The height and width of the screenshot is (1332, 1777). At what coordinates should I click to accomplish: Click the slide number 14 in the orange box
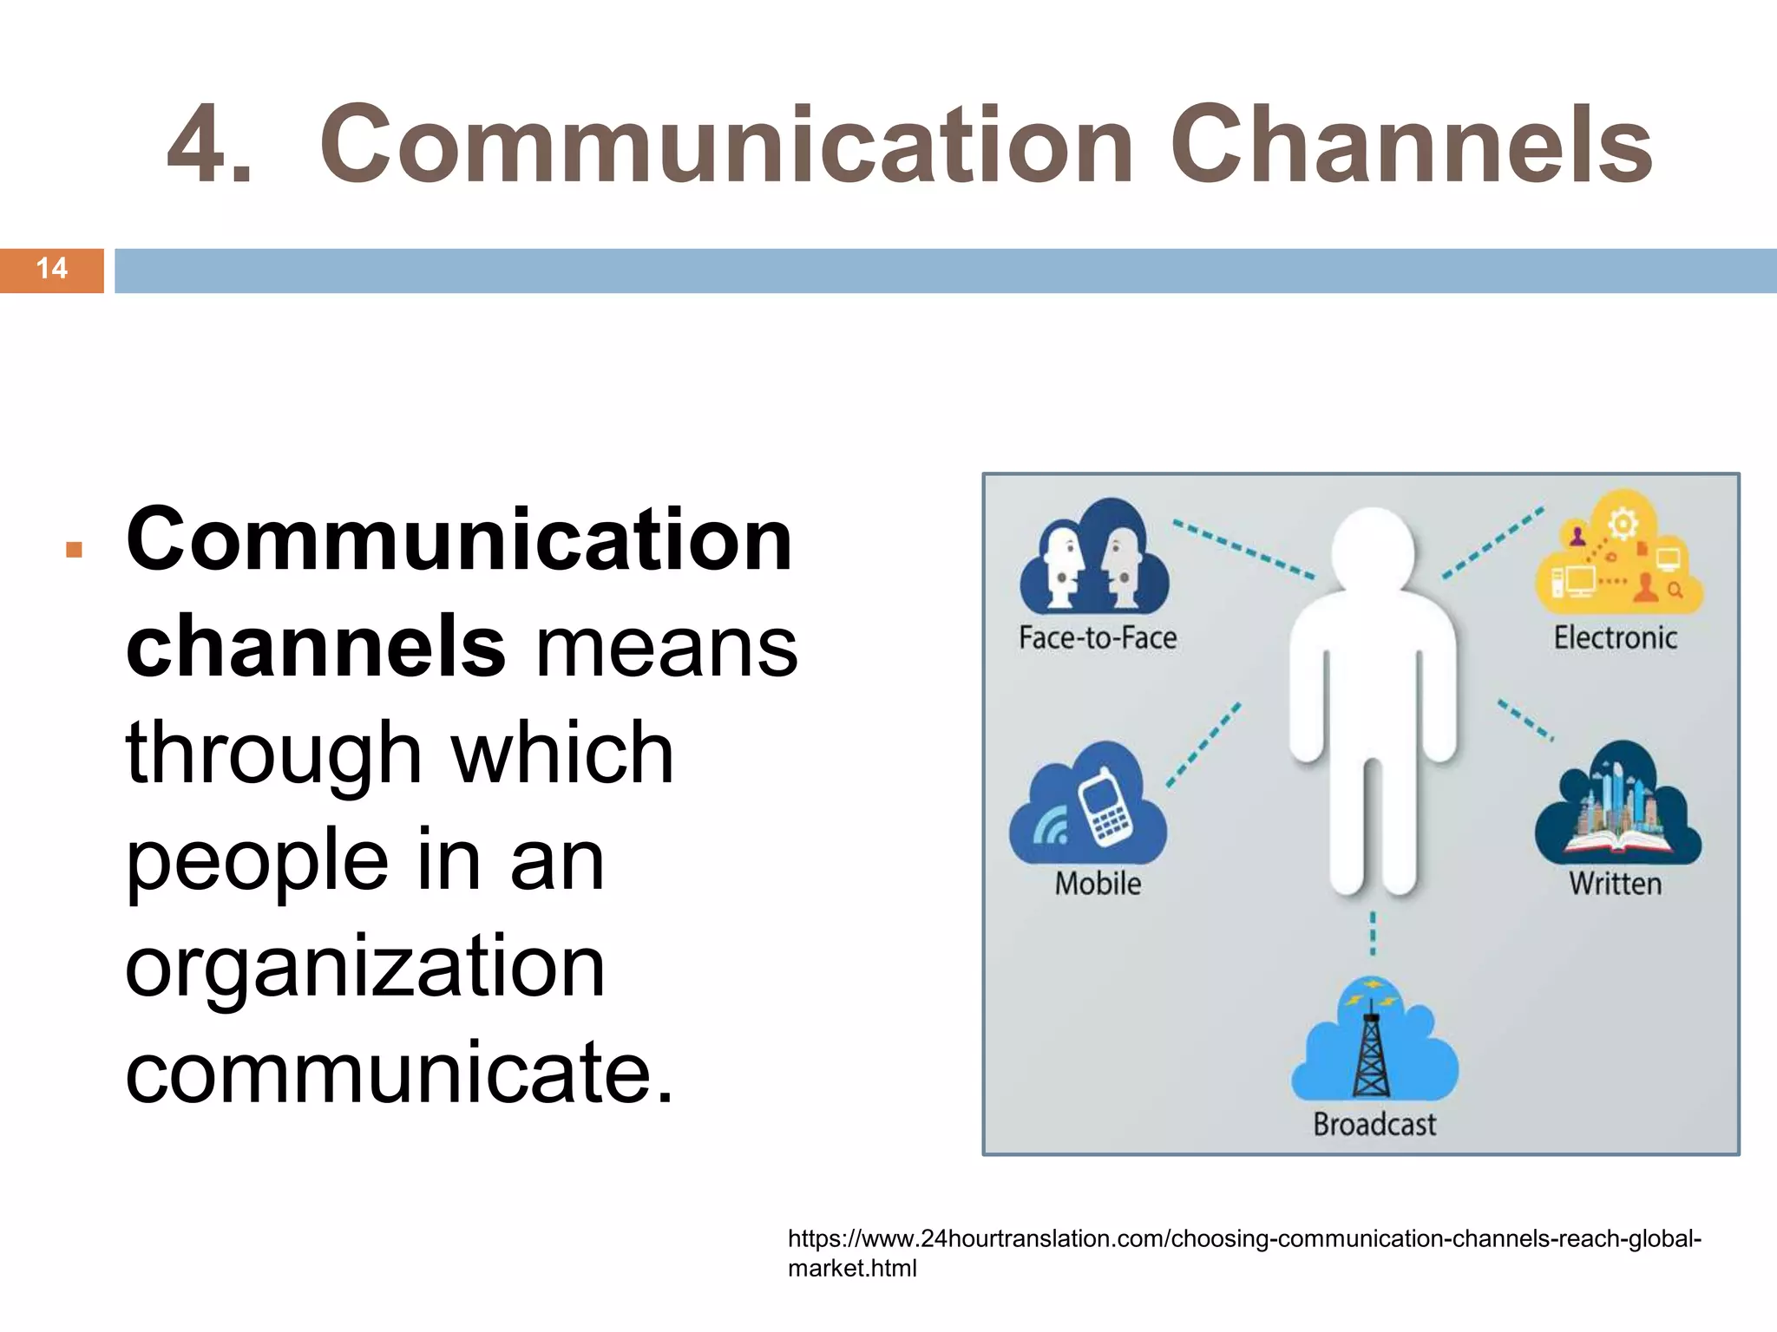pos(52,269)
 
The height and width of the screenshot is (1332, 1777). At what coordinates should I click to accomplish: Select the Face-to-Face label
pos(1098,638)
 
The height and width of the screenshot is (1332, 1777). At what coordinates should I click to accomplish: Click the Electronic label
pos(1615,638)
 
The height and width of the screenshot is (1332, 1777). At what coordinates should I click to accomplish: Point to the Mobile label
pos(1098,884)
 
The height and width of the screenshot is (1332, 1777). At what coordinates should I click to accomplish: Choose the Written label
pos(1615,884)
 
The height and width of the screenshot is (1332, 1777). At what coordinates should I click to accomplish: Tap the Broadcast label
pos(1374,1125)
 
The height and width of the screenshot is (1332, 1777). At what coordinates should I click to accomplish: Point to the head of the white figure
pos(1373,551)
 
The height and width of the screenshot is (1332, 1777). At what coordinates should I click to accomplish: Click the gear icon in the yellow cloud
pos(1623,523)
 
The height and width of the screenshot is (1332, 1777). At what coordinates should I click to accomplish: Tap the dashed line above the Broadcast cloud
pos(1373,934)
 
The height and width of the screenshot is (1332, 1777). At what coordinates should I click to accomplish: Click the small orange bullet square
pos(74,550)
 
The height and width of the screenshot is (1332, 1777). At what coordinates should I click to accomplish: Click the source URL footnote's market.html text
pos(851,1269)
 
